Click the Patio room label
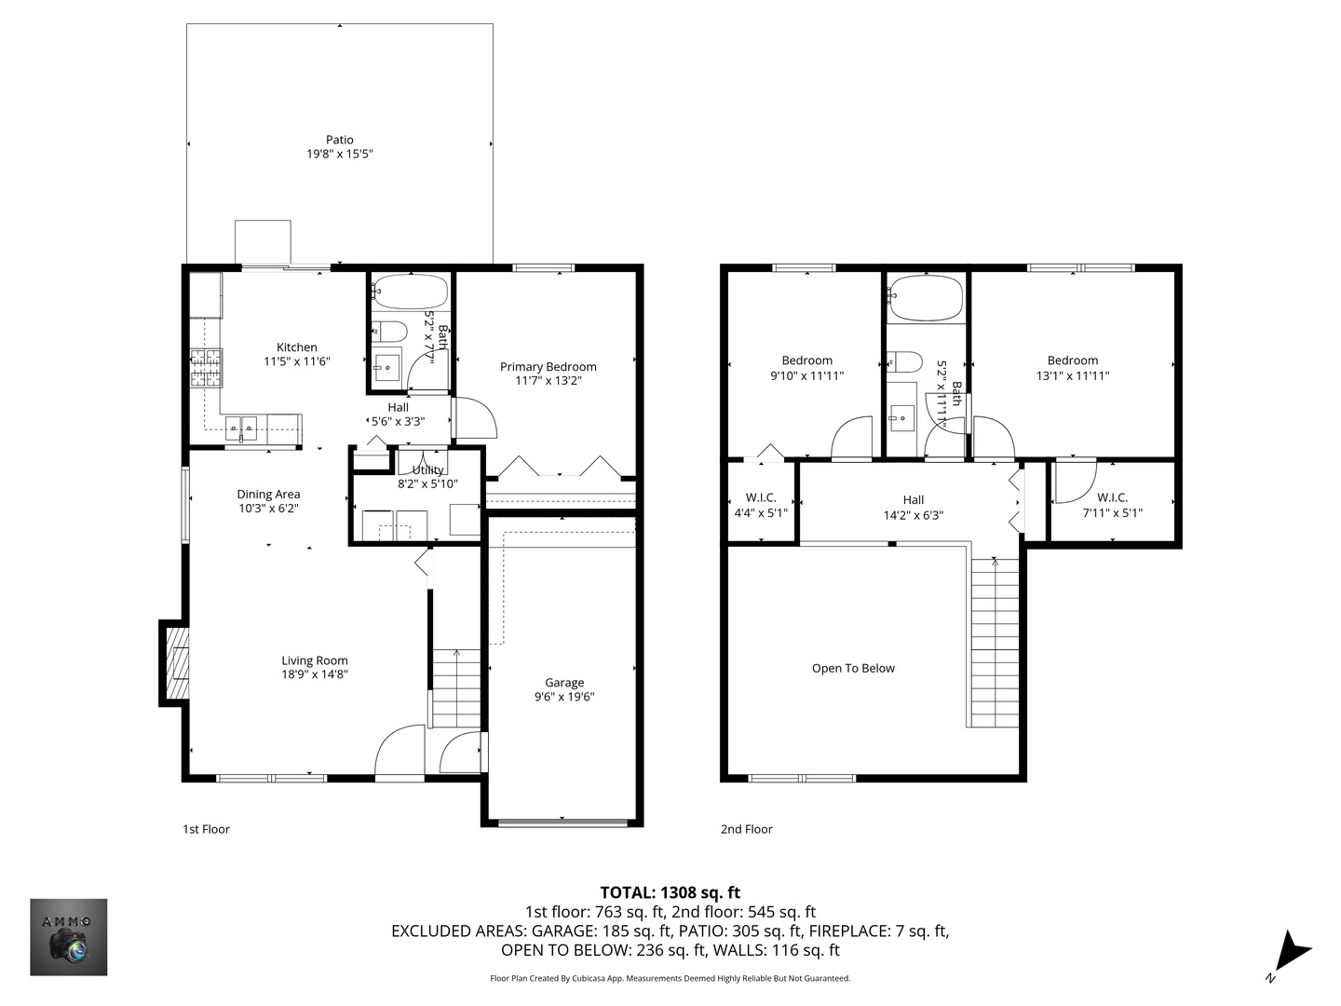(339, 140)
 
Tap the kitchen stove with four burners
(207, 367)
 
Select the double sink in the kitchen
(242, 428)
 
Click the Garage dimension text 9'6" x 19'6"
(564, 697)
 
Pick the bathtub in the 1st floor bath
(409, 292)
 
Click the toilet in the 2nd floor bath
(903, 361)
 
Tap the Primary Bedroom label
(548, 366)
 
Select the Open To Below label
(853, 668)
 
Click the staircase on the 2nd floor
(995, 643)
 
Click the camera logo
(69, 937)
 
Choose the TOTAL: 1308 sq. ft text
(670, 892)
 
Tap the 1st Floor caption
(206, 829)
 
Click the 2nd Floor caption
(746, 829)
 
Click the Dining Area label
(268, 495)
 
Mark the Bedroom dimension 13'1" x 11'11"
(1073, 376)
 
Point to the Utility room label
(427, 470)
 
